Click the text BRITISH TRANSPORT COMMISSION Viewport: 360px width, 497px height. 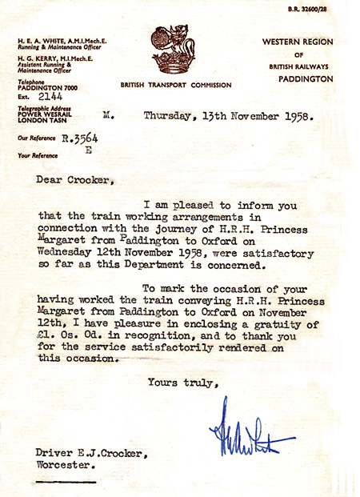[176, 84]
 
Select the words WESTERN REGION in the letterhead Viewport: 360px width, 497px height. [297, 42]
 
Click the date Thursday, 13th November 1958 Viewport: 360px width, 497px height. [229, 115]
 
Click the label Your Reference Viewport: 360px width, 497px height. [40, 154]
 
